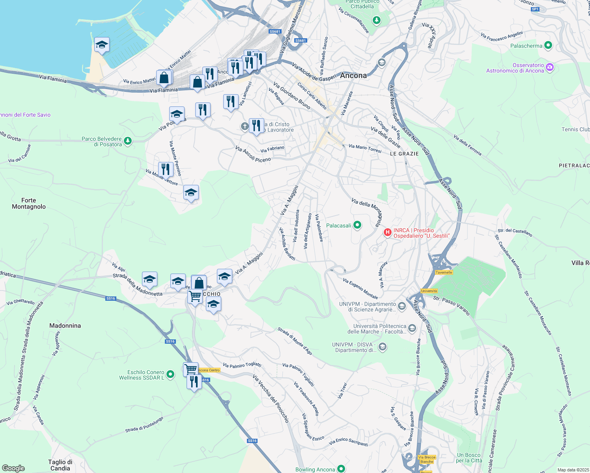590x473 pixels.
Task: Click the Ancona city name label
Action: [353, 75]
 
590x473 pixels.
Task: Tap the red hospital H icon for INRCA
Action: [388, 233]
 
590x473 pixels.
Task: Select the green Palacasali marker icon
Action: [357, 225]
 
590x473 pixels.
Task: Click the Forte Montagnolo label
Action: [29, 203]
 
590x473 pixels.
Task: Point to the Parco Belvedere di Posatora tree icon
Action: [127, 141]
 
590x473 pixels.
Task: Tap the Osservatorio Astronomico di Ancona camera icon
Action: [550, 67]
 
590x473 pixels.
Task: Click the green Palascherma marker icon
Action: [548, 45]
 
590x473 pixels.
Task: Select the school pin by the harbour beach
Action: [102, 45]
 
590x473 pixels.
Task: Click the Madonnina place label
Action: [65, 326]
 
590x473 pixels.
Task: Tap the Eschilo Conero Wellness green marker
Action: [170, 374]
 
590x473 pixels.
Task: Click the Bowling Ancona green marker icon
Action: [341, 469]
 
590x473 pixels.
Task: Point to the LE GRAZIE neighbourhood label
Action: [404, 154]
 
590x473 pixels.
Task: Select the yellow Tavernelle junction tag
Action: [444, 272]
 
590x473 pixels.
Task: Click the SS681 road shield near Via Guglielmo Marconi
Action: [300, 41]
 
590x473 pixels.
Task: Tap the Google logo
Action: [13, 468]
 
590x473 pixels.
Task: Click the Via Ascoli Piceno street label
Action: [253, 154]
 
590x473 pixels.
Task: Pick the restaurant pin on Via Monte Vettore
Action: [166, 169]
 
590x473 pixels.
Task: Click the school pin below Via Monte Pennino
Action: [191, 193]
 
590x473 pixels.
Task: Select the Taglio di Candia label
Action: [60, 465]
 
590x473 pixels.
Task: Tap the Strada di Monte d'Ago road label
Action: [295, 341]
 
